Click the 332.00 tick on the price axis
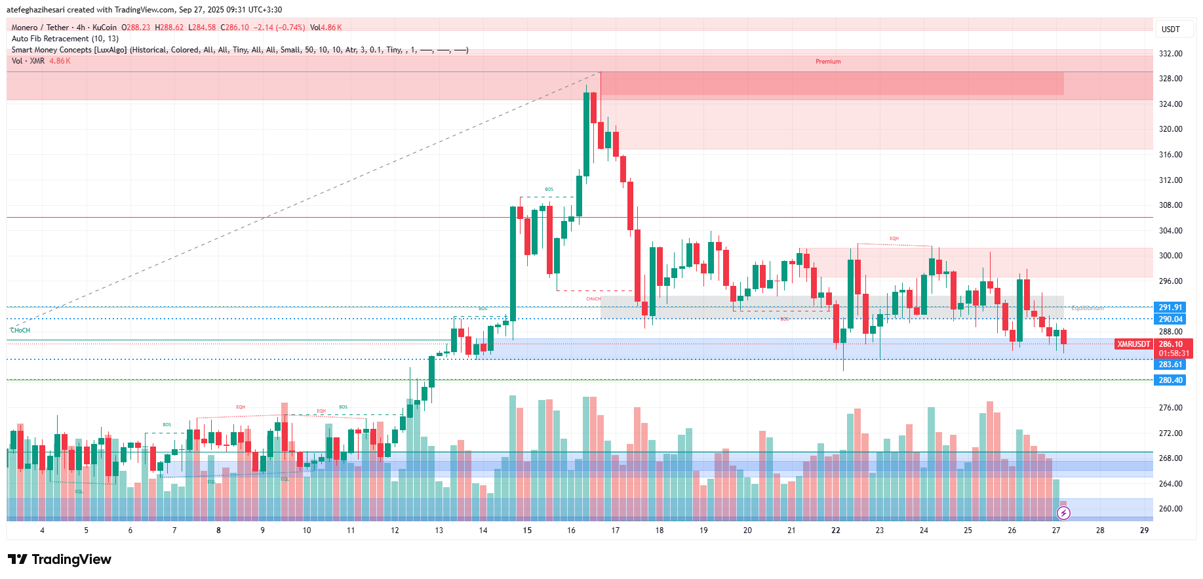click(x=1170, y=54)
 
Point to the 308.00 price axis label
click(x=1170, y=205)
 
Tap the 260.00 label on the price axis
click(x=1170, y=509)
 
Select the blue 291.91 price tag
click(x=1170, y=308)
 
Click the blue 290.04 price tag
click(x=1170, y=319)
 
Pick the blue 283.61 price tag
click(x=1170, y=365)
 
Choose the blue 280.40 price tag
click(x=1170, y=380)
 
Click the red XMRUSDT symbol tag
click(x=1134, y=344)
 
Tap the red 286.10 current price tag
click(x=1170, y=344)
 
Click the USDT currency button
click(x=1170, y=30)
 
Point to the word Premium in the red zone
click(x=828, y=62)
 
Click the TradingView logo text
click(x=60, y=559)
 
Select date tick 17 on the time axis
click(x=615, y=530)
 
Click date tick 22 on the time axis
click(x=835, y=530)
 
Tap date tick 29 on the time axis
click(x=1144, y=530)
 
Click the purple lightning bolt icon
click(x=1063, y=513)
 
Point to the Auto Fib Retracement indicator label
click(x=65, y=39)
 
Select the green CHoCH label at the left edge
click(x=20, y=330)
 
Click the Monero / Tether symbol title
click(x=40, y=28)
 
